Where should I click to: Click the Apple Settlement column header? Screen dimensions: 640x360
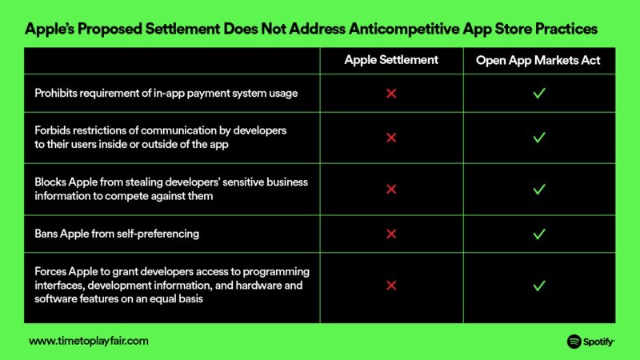(391, 60)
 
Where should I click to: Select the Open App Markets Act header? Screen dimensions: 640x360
(538, 61)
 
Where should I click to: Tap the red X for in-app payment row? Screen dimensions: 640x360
(391, 94)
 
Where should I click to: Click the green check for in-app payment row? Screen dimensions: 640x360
(539, 94)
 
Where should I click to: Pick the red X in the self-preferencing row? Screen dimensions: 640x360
(391, 234)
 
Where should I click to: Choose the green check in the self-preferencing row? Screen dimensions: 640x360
(539, 234)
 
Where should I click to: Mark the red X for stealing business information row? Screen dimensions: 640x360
(391, 189)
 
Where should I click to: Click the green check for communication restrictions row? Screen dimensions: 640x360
(539, 138)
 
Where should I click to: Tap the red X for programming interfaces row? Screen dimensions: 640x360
(391, 286)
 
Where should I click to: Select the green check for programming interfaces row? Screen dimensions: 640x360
(539, 286)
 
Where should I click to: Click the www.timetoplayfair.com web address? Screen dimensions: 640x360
(89, 341)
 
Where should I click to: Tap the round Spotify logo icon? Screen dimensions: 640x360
(574, 342)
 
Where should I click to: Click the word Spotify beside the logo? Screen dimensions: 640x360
(598, 342)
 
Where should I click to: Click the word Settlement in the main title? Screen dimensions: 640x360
(182, 29)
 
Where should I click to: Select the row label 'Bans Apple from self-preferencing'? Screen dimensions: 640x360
(117, 234)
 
